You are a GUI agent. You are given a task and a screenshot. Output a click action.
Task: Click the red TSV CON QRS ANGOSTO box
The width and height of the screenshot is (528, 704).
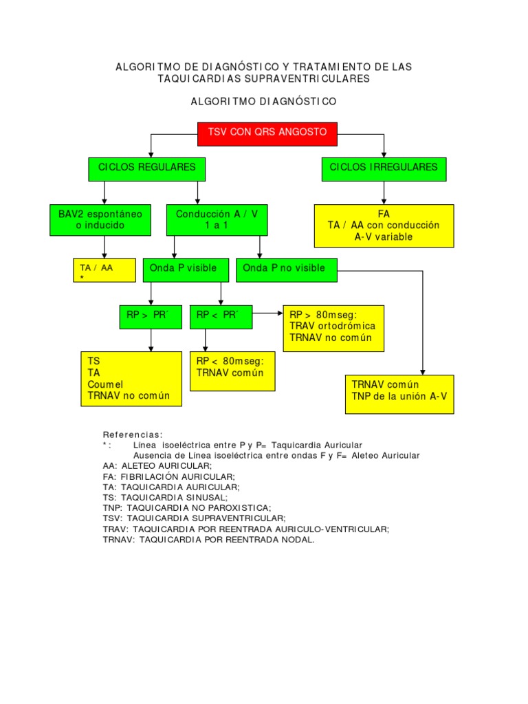267,133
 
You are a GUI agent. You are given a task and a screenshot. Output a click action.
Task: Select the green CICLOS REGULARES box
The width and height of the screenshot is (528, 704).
147,168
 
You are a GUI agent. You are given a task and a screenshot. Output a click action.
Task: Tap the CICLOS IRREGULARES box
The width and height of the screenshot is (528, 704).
384,168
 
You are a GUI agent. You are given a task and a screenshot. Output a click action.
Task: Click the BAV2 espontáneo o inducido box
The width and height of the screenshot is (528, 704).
100,220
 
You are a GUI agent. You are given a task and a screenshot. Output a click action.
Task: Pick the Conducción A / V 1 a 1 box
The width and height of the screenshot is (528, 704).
217,220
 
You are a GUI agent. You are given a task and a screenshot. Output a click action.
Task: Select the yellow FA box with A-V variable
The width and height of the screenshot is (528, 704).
384,225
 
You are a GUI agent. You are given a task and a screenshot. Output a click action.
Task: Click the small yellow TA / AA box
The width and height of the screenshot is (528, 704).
104,271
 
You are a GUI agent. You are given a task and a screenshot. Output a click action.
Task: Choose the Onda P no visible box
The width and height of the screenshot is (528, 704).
287,270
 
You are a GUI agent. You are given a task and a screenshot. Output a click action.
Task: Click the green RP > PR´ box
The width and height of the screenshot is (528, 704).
150,317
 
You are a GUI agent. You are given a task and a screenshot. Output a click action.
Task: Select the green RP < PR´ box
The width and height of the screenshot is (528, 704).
221,317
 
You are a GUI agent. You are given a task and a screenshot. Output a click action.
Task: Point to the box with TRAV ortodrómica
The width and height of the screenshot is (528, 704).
333,328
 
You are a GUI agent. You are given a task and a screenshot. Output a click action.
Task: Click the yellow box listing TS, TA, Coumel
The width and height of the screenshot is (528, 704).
131,379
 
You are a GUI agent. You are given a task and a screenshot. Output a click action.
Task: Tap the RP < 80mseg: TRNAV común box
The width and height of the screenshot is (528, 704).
232,371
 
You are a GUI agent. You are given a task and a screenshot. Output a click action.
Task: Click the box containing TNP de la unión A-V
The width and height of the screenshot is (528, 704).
399,393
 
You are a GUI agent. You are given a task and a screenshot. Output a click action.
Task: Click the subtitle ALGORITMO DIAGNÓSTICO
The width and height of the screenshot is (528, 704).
263,102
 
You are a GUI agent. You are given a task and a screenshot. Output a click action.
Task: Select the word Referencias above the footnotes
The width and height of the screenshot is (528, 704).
133,434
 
